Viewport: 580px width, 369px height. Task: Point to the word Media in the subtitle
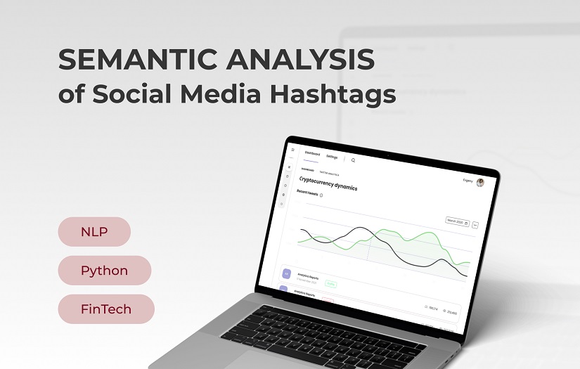point(215,94)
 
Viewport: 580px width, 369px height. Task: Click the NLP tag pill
point(94,232)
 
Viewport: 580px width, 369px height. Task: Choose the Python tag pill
point(104,271)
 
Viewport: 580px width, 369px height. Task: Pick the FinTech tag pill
point(105,309)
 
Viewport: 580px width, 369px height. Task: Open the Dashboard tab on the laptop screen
point(311,154)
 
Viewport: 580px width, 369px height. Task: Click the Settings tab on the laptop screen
point(332,157)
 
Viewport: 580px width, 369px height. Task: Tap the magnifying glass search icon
point(353,160)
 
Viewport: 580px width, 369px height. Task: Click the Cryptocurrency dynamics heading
point(328,183)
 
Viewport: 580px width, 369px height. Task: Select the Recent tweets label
point(307,193)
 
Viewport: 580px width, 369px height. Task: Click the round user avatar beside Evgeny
point(480,183)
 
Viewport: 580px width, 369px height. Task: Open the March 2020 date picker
point(457,221)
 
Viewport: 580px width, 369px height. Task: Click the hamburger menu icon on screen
point(293,150)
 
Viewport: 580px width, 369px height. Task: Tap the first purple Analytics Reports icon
point(286,273)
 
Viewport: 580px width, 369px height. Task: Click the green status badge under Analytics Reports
point(330,284)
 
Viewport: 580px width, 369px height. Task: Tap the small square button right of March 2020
point(475,225)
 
